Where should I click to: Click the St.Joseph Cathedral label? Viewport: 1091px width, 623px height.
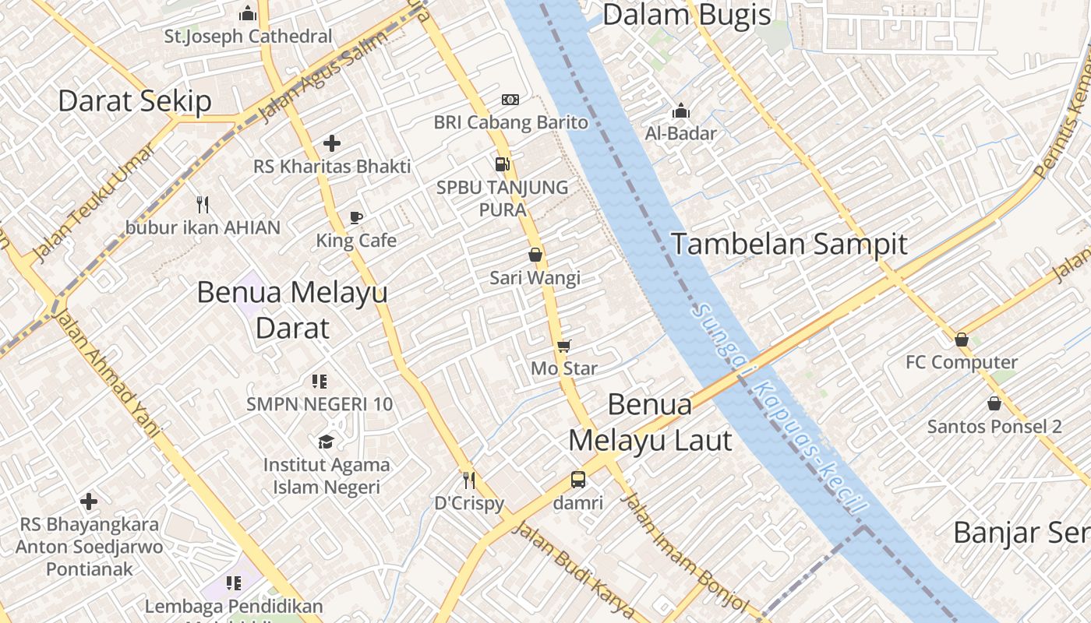click(x=248, y=37)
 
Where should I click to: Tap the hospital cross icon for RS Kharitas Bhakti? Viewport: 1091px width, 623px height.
click(x=332, y=143)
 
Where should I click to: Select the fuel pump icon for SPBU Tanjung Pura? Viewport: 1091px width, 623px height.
click(x=503, y=164)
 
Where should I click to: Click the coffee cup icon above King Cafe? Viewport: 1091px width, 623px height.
click(x=356, y=217)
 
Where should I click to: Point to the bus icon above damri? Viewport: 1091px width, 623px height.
click(x=578, y=480)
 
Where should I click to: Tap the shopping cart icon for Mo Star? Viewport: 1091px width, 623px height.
click(x=563, y=346)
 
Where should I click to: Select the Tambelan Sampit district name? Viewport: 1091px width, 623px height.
click(x=789, y=245)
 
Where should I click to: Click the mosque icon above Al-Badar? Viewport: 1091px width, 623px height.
click(x=680, y=111)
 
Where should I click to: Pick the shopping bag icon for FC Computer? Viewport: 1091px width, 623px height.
click(x=962, y=340)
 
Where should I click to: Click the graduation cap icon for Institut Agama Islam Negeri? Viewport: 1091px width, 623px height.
click(x=327, y=442)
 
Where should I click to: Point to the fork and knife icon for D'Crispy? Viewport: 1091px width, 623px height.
click(x=469, y=480)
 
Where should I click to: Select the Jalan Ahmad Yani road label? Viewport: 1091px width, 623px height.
click(x=108, y=373)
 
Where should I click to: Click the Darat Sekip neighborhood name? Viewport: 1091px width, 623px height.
click(x=135, y=101)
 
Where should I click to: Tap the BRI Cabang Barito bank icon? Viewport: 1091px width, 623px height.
click(x=510, y=100)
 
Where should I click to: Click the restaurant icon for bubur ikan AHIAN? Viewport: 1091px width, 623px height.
click(x=203, y=205)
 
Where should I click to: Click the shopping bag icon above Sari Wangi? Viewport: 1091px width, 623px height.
click(x=535, y=255)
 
